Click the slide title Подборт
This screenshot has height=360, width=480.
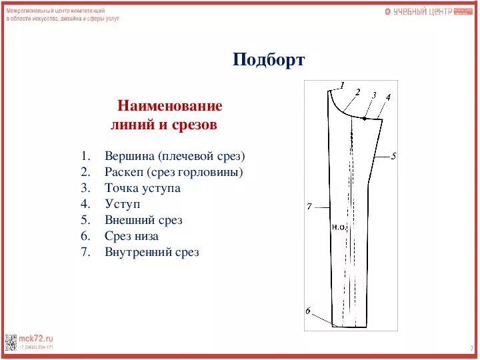[x=269, y=60]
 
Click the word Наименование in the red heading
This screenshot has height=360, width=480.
[x=169, y=106]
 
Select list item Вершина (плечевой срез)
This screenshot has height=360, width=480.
[x=175, y=156]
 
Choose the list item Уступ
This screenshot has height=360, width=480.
[x=123, y=204]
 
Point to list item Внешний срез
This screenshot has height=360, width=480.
[x=143, y=220]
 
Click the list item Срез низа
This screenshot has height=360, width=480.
[x=131, y=236]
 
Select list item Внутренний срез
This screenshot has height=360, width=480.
[x=152, y=252]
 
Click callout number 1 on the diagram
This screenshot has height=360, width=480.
[x=341, y=85]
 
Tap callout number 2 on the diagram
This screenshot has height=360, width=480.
[x=357, y=92]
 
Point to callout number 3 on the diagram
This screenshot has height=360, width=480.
[x=374, y=95]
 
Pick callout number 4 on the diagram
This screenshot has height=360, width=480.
[x=388, y=97]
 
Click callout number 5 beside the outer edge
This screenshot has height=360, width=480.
[x=393, y=156]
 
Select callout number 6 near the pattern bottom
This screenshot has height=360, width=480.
[x=308, y=311]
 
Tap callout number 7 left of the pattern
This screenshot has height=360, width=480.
[x=309, y=206]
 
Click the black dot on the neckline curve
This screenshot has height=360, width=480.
[x=365, y=118]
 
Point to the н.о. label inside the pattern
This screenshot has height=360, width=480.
[x=338, y=227]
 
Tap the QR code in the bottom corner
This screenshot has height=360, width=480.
[x=11, y=341]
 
